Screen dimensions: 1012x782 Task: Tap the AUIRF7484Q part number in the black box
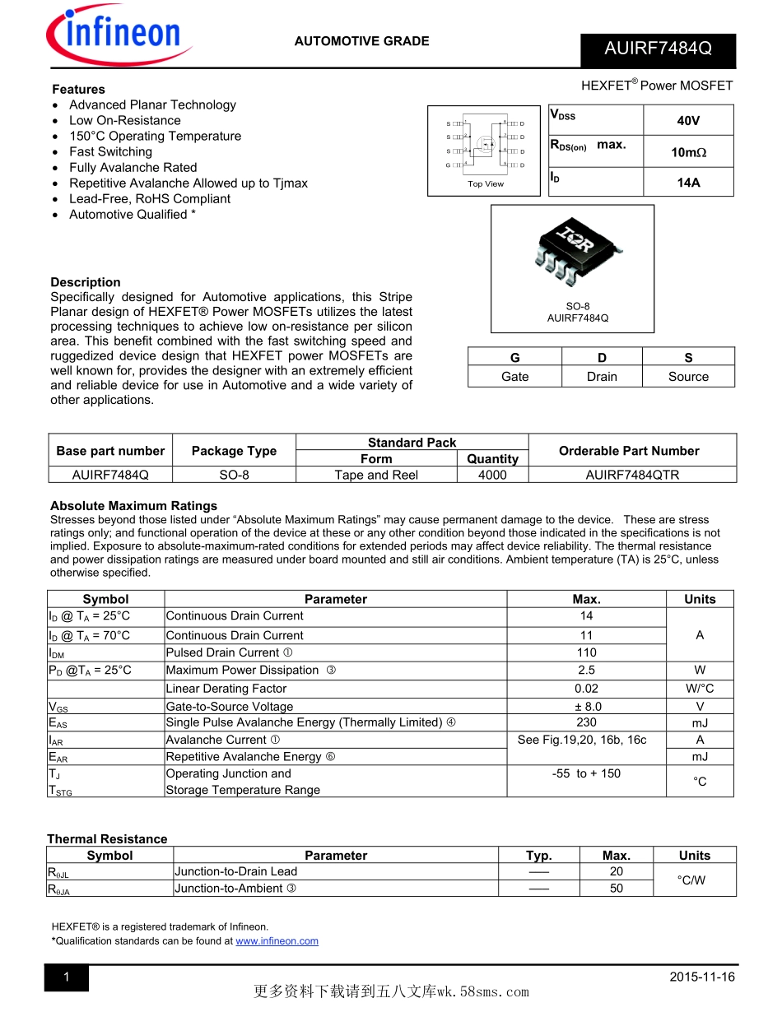click(x=658, y=49)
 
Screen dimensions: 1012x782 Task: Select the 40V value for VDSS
click(x=688, y=120)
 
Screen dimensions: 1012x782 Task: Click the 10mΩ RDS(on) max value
click(x=688, y=152)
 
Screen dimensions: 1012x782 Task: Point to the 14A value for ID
click(x=688, y=183)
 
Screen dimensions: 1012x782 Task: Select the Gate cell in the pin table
click(x=515, y=376)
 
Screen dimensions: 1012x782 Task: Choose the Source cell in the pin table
click(x=688, y=376)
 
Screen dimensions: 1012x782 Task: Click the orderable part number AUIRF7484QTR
click(x=632, y=475)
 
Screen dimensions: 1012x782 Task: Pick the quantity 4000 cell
click(x=492, y=475)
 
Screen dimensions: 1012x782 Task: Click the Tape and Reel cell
click(x=376, y=475)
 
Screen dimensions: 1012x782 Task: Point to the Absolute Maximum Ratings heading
click(x=133, y=505)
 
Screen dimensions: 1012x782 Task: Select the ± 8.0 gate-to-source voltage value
click(x=586, y=706)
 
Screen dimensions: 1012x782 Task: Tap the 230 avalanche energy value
click(x=586, y=722)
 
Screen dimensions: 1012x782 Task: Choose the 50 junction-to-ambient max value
click(x=617, y=889)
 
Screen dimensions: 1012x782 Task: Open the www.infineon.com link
click(x=277, y=941)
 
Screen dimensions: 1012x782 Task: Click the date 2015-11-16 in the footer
click(x=701, y=977)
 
